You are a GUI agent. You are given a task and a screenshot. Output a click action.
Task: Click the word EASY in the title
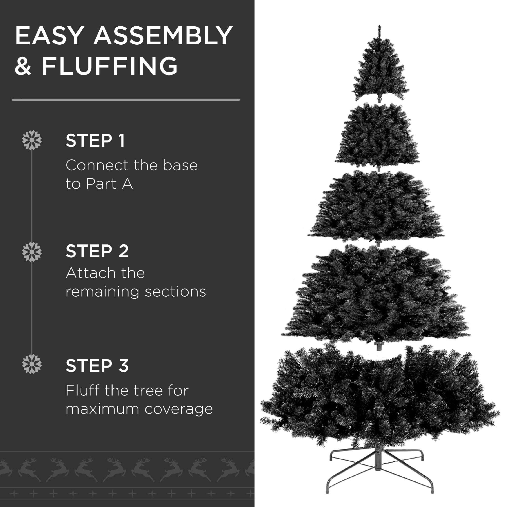click(x=49, y=36)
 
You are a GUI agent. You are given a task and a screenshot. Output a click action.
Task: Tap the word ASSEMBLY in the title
click(x=163, y=36)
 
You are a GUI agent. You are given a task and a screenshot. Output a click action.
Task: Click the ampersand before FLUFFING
click(x=23, y=66)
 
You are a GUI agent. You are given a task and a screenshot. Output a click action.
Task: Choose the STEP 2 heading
click(x=97, y=251)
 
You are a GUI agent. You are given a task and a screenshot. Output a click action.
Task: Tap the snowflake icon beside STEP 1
click(x=32, y=140)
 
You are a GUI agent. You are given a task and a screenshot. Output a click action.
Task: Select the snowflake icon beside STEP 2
click(x=32, y=252)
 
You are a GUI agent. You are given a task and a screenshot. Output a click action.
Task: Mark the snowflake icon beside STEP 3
click(x=32, y=364)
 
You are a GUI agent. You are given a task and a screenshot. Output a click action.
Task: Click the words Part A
click(x=110, y=184)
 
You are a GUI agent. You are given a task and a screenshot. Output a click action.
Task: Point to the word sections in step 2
click(x=175, y=292)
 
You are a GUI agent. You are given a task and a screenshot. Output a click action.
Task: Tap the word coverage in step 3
click(x=179, y=409)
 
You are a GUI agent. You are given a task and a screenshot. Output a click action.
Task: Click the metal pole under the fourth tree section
click(x=378, y=347)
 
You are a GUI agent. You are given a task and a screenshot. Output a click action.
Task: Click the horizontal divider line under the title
click(x=126, y=100)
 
